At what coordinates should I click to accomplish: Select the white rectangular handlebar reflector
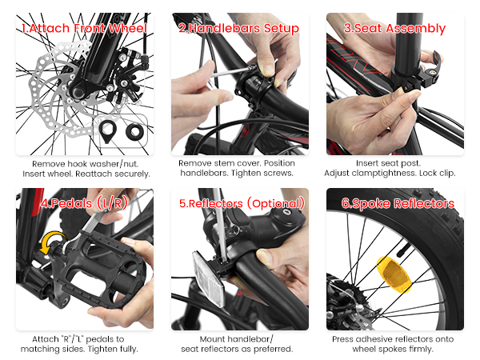(208, 278)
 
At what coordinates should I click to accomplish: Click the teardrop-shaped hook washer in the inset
(108, 131)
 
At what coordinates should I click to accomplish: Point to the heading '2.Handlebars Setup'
(238, 29)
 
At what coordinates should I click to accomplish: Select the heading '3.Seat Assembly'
(394, 29)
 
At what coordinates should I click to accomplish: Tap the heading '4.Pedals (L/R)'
(85, 203)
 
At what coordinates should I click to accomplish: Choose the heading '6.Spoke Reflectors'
(398, 203)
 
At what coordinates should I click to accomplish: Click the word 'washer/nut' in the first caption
(114, 164)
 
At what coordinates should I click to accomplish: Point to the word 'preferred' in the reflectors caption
(272, 349)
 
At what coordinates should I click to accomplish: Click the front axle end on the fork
(78, 91)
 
